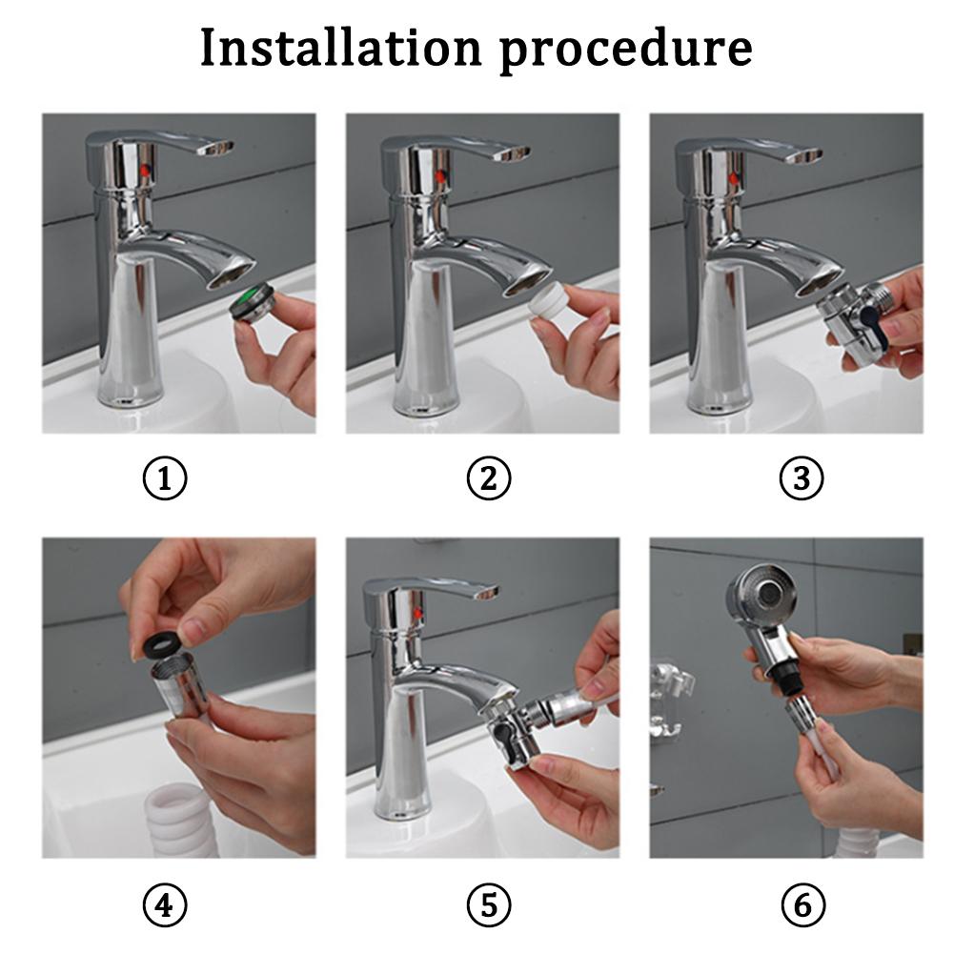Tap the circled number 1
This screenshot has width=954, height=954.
[x=165, y=479]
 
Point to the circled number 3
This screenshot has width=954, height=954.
[x=801, y=479]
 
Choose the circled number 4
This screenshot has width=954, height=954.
[x=165, y=904]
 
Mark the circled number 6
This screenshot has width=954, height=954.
[x=801, y=904]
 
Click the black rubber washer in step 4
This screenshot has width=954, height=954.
[x=158, y=646]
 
